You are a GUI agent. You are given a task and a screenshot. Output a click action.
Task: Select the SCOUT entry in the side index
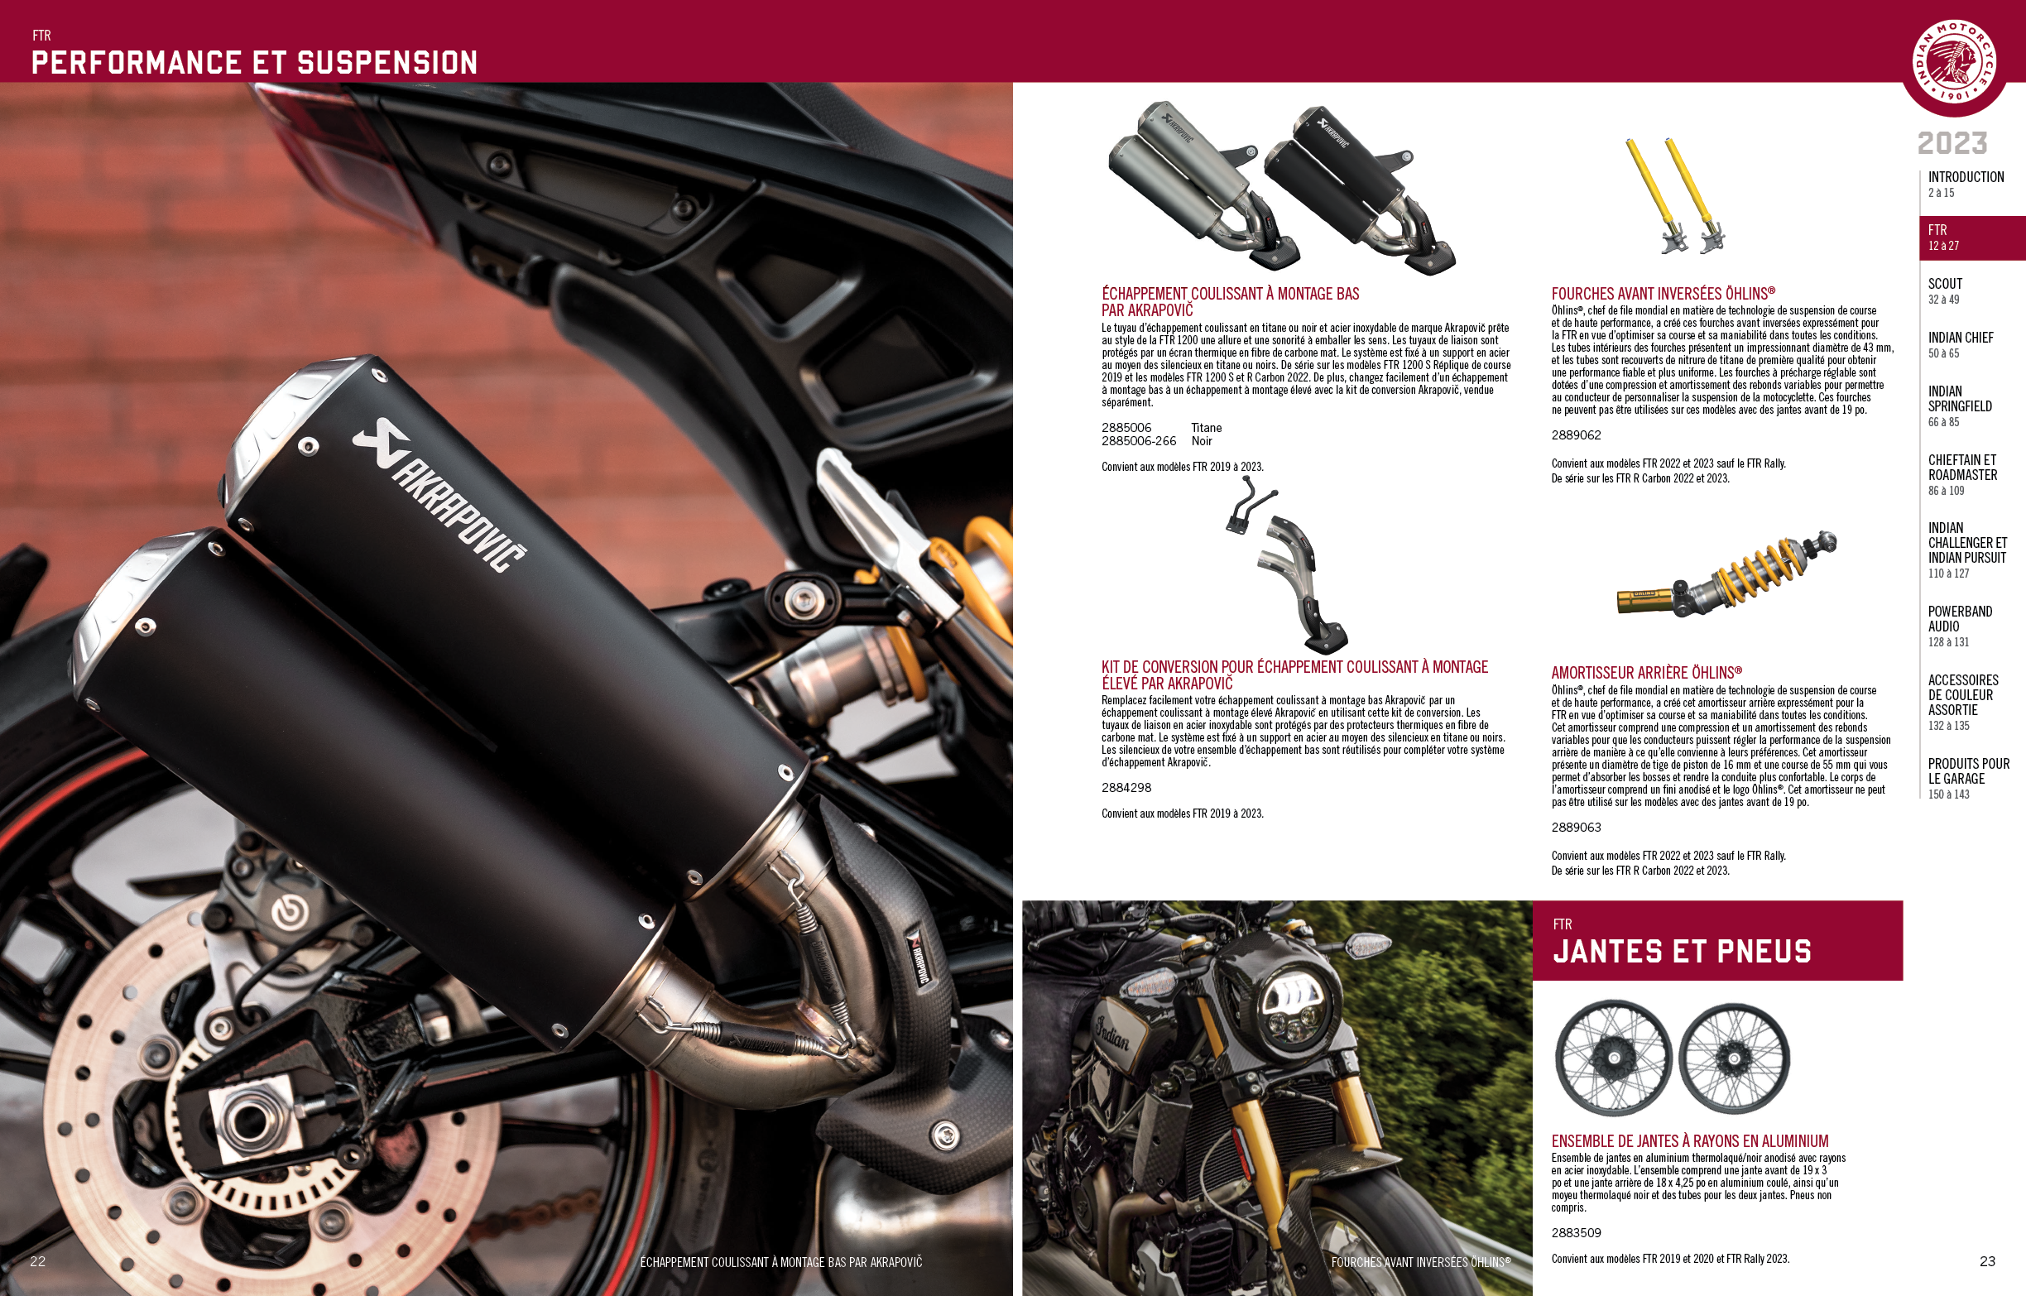click(1944, 290)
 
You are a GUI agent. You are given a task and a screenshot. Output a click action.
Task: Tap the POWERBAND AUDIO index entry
click(1960, 626)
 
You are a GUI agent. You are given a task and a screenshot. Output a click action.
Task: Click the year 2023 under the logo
click(1952, 143)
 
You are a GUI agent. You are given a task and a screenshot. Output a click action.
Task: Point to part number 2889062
click(1576, 435)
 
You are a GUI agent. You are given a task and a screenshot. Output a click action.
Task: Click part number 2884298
click(1126, 788)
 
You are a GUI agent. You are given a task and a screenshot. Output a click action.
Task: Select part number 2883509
click(1576, 1233)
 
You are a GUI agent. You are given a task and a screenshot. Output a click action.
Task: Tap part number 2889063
click(1576, 828)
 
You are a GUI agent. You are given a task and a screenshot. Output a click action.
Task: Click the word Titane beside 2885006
click(1207, 428)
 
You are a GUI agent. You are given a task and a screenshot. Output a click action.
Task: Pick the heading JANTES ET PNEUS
click(1682, 951)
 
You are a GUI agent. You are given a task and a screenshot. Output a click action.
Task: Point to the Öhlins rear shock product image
click(1726, 573)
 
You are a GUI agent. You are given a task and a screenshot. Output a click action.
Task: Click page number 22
click(38, 1260)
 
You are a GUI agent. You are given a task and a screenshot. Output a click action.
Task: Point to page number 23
click(1987, 1260)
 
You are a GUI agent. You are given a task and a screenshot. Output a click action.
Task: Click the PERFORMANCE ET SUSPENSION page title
click(254, 62)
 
